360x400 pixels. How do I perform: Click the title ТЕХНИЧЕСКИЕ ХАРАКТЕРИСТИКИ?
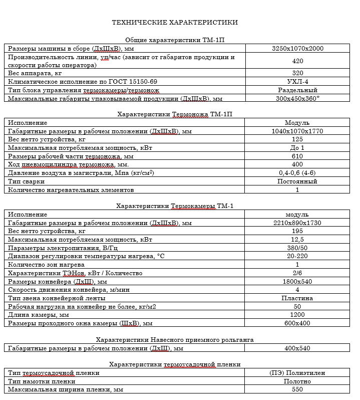pyautogui.click(x=175, y=23)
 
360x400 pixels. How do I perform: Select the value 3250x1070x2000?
pyautogui.click(x=297, y=49)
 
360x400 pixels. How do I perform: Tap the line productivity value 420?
pyautogui.click(x=297, y=61)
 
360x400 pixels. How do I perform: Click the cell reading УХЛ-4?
pyautogui.click(x=297, y=82)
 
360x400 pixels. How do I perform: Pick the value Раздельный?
pyautogui.click(x=297, y=90)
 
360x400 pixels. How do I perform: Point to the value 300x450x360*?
pyautogui.click(x=297, y=98)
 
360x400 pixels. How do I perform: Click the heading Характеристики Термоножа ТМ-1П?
pyautogui.click(x=175, y=114)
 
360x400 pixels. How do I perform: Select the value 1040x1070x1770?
pyautogui.click(x=297, y=131)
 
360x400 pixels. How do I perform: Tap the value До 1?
pyautogui.click(x=297, y=148)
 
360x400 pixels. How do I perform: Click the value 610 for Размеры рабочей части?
pyautogui.click(x=297, y=156)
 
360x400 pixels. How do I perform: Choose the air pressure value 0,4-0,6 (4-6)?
pyautogui.click(x=297, y=173)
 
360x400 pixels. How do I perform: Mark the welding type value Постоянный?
pyautogui.click(x=297, y=181)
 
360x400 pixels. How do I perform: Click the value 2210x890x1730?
pyautogui.click(x=297, y=223)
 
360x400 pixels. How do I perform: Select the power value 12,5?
pyautogui.click(x=297, y=240)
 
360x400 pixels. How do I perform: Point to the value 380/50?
pyautogui.click(x=297, y=248)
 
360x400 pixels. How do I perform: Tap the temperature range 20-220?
pyautogui.click(x=297, y=256)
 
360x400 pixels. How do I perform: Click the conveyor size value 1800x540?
pyautogui.click(x=297, y=281)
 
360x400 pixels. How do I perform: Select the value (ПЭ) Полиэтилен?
pyautogui.click(x=297, y=373)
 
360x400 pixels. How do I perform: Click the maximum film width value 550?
pyautogui.click(x=297, y=389)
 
